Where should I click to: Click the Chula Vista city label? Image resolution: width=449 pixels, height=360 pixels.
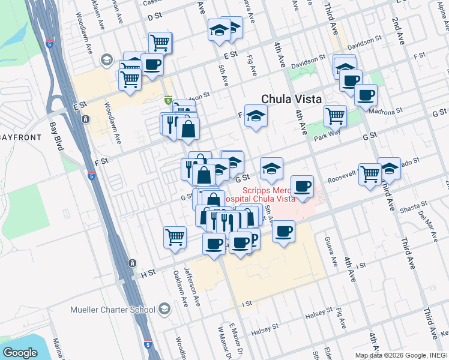click(x=291, y=99)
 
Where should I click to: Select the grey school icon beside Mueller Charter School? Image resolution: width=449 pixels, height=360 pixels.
click(x=164, y=309)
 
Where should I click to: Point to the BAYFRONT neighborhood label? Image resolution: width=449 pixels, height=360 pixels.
click(x=20, y=137)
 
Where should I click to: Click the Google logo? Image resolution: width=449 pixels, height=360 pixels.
click(x=20, y=353)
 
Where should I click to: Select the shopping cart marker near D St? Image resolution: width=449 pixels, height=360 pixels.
click(x=160, y=42)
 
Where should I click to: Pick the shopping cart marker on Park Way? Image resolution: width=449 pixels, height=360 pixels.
click(x=335, y=115)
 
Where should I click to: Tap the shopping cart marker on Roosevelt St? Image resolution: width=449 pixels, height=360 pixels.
click(x=370, y=173)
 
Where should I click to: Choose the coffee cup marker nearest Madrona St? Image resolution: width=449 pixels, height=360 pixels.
click(x=365, y=94)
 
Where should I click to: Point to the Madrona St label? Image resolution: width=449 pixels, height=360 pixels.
click(x=385, y=111)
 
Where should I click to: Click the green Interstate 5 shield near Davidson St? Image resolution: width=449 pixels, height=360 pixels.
click(x=169, y=100)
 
